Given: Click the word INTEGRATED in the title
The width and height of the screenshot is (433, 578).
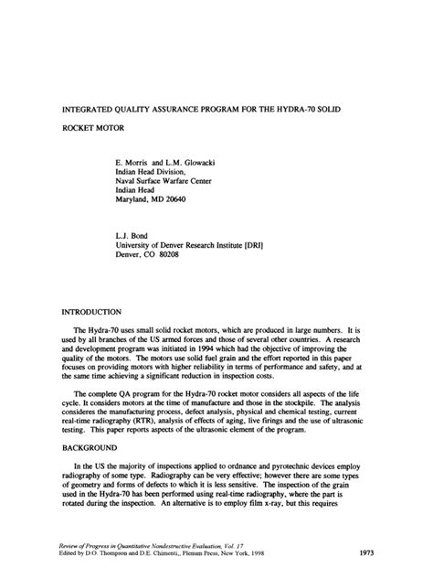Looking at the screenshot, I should click(x=90, y=93).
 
